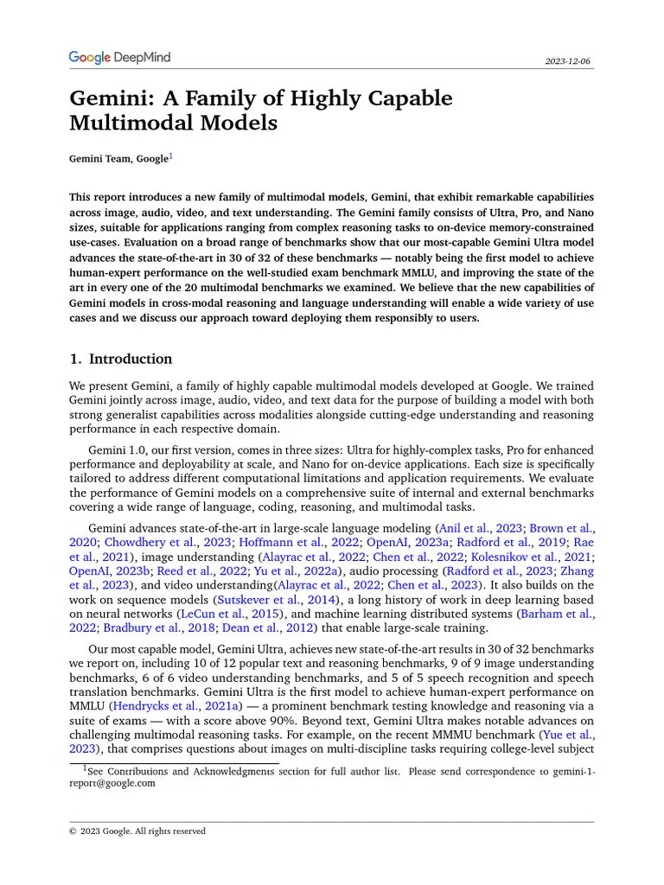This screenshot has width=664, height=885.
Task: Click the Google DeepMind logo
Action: (119, 58)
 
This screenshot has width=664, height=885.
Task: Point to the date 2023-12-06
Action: (568, 62)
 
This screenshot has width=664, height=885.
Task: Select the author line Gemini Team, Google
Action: (118, 159)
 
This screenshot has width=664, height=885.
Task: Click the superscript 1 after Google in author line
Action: (171, 156)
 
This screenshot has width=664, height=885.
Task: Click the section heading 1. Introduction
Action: (120, 359)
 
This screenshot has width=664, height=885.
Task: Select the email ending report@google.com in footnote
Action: (112, 783)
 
